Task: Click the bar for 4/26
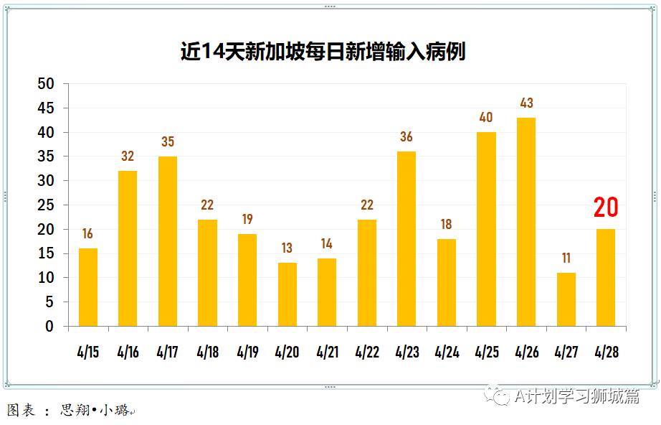click(526, 222)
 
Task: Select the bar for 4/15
click(88, 287)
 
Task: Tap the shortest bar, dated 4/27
click(566, 299)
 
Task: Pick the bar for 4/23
click(406, 238)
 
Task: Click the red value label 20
click(606, 208)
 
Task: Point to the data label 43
click(526, 103)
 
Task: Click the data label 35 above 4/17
click(168, 142)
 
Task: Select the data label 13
click(287, 248)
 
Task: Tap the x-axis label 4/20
click(287, 352)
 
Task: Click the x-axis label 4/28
click(606, 352)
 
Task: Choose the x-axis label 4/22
click(367, 352)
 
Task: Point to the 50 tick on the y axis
click(45, 84)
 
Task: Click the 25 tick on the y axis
click(45, 205)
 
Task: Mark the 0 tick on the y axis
click(49, 327)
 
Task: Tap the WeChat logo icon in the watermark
click(495, 396)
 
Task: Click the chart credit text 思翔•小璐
click(94, 411)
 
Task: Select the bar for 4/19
click(247, 280)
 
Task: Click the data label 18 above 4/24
click(447, 225)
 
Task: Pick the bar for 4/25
click(486, 229)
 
